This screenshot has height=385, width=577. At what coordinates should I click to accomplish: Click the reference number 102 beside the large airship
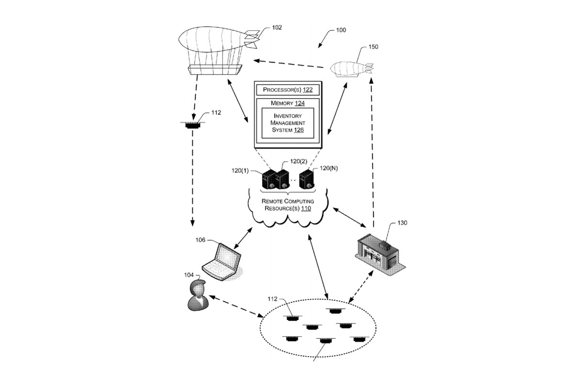click(277, 27)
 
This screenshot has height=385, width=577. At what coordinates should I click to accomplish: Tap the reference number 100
click(341, 30)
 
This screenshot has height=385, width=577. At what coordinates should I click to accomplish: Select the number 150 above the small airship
click(373, 47)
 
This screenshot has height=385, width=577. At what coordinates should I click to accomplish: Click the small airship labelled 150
click(351, 69)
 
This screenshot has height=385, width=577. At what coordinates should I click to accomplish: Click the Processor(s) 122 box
click(288, 90)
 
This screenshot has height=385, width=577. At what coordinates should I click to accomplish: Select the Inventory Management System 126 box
click(288, 123)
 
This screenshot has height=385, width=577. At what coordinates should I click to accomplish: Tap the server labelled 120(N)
click(307, 179)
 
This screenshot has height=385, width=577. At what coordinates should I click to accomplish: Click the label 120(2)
click(299, 161)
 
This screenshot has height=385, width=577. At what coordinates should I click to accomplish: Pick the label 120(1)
click(240, 171)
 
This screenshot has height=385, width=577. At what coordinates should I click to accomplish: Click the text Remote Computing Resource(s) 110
click(288, 205)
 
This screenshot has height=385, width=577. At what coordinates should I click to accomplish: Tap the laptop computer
click(222, 262)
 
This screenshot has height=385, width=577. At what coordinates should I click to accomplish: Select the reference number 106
click(200, 240)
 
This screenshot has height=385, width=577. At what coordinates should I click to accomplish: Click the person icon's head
click(198, 287)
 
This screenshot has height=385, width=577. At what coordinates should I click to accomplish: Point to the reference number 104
click(188, 275)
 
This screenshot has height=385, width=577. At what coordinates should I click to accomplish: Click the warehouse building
click(380, 255)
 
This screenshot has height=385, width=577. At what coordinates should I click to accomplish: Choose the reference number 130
click(402, 223)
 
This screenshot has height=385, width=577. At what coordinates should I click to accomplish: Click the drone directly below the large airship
click(193, 125)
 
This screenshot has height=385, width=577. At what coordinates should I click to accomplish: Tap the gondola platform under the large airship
click(215, 70)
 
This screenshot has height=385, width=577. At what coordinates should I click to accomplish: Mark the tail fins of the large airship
click(251, 39)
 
